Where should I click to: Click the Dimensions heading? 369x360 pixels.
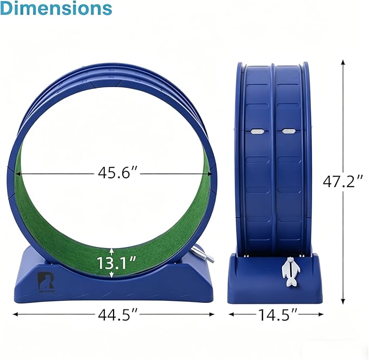(x=56, y=8)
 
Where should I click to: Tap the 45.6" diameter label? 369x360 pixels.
(x=118, y=173)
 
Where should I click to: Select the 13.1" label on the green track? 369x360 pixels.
(x=116, y=263)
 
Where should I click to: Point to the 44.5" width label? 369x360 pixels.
(x=118, y=314)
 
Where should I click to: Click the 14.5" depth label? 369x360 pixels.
(x=278, y=314)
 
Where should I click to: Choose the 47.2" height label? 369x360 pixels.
(x=343, y=182)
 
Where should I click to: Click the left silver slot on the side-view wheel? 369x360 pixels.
(x=257, y=132)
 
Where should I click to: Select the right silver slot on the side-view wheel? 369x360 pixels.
(x=289, y=132)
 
